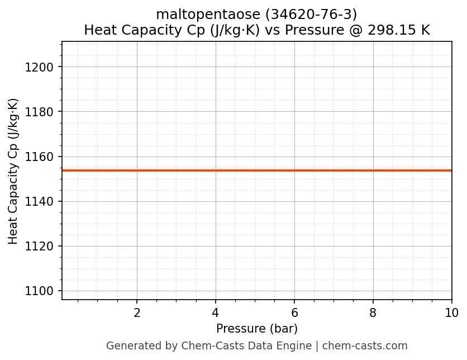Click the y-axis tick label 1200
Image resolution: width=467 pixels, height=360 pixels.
39,67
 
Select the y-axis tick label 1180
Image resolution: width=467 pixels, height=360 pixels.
39,112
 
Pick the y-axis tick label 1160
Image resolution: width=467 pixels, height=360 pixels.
39,157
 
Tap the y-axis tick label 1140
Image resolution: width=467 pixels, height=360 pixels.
39,201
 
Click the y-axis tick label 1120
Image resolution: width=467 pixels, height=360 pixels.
39,246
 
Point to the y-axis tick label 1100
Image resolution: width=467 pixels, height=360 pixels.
39,291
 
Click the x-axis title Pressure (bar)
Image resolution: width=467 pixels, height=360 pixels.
257,329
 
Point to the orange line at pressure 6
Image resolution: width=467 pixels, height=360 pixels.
294,170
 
